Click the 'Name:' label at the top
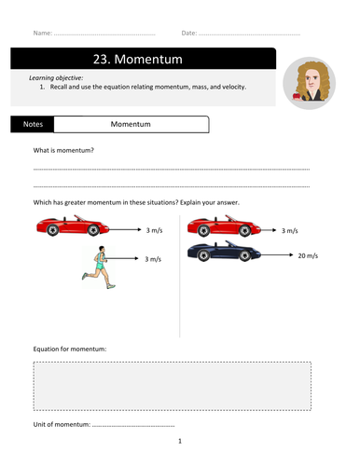tap(42, 33)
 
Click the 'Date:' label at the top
tap(189, 33)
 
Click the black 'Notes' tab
tap(32, 124)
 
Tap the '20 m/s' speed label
tap(309, 254)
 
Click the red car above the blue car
tap(220, 226)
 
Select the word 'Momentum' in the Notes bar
tap(131, 124)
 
